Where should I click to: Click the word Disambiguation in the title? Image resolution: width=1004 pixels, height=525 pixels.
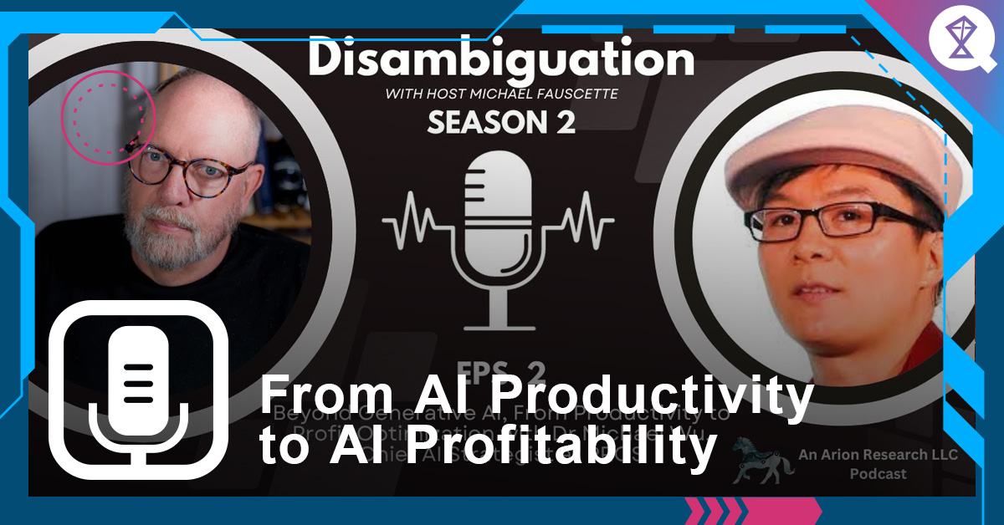click(500, 60)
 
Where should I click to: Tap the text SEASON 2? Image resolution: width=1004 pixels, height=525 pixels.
click(501, 123)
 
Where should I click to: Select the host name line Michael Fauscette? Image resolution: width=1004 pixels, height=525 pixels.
click(502, 94)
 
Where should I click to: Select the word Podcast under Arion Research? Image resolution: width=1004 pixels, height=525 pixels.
click(878, 474)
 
